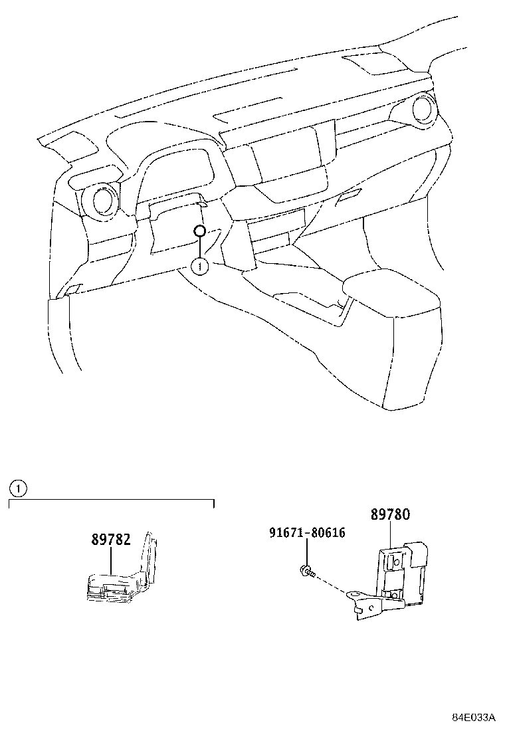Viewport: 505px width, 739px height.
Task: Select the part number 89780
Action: [x=390, y=515]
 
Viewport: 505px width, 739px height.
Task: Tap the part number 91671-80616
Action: [x=307, y=533]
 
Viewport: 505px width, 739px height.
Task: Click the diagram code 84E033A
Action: [x=474, y=718]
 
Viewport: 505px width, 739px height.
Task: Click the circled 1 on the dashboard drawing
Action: [x=199, y=266]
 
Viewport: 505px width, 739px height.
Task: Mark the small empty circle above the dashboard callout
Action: [x=199, y=231]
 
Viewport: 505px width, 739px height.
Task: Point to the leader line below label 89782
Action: [x=111, y=560]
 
